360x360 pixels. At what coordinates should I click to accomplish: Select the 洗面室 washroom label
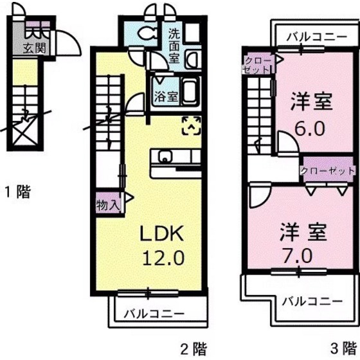pos(174,44)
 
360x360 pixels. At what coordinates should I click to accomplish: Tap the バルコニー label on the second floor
pos(154,314)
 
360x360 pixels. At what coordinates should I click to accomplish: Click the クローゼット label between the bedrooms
pos(328,171)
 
